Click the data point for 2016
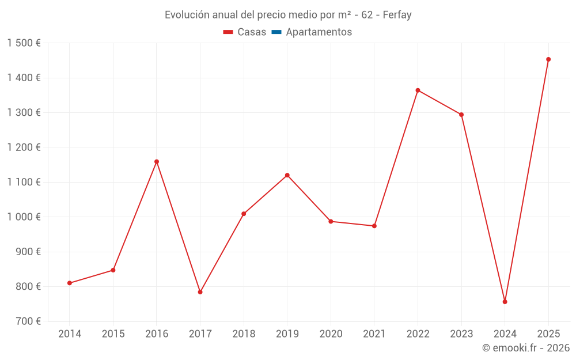(157, 162)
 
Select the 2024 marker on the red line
(505, 302)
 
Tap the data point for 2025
(548, 59)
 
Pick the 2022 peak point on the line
(418, 90)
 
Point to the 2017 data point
(200, 292)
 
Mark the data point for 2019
(287, 175)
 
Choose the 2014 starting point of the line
(70, 283)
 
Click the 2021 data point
(374, 226)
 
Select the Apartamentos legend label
(319, 32)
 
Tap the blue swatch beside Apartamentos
(276, 32)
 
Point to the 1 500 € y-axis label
(24, 43)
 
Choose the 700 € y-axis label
(28, 321)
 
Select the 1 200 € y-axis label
(24, 147)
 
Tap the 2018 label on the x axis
(244, 334)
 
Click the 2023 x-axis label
(461, 334)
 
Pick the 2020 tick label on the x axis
(331, 334)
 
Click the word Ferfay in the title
(397, 15)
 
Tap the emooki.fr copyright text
(526, 347)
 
